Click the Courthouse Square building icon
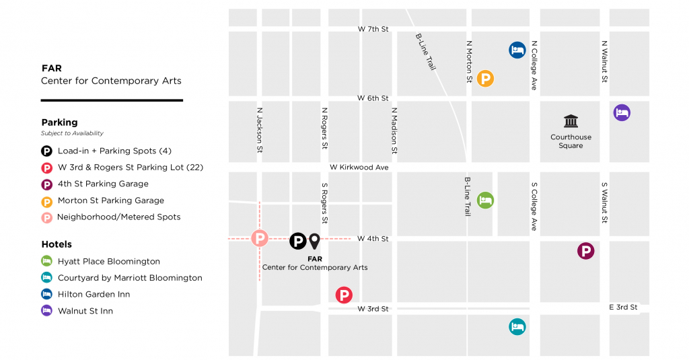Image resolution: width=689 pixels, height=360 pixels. coord(571,121)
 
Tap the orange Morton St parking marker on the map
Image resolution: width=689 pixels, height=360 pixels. coord(485,79)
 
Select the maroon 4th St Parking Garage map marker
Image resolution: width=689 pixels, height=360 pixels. coord(586,251)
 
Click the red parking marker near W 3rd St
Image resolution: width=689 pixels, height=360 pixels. coord(344,295)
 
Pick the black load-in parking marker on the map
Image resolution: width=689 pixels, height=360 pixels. coord(297,240)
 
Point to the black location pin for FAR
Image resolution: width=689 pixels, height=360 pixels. coord(314,240)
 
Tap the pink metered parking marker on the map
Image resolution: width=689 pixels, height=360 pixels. coord(259,238)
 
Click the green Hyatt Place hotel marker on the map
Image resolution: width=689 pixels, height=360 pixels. coord(485,200)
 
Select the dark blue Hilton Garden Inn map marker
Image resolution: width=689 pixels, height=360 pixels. coord(517,50)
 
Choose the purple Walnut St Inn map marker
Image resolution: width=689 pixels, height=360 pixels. coord(622,112)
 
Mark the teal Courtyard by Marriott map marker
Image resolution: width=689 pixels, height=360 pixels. coord(517,327)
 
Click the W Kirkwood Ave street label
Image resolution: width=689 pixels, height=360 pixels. coord(359,167)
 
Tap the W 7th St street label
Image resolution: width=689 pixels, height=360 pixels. coord(373,30)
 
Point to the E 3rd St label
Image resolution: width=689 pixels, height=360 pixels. coord(623,308)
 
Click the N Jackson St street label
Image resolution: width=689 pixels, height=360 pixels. coord(259,130)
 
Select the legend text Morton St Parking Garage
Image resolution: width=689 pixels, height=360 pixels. coord(110,201)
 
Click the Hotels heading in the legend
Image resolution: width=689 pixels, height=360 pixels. coord(57,244)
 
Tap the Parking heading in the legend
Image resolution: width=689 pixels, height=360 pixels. coord(59,122)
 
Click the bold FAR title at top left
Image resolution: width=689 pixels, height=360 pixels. coord(51,68)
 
